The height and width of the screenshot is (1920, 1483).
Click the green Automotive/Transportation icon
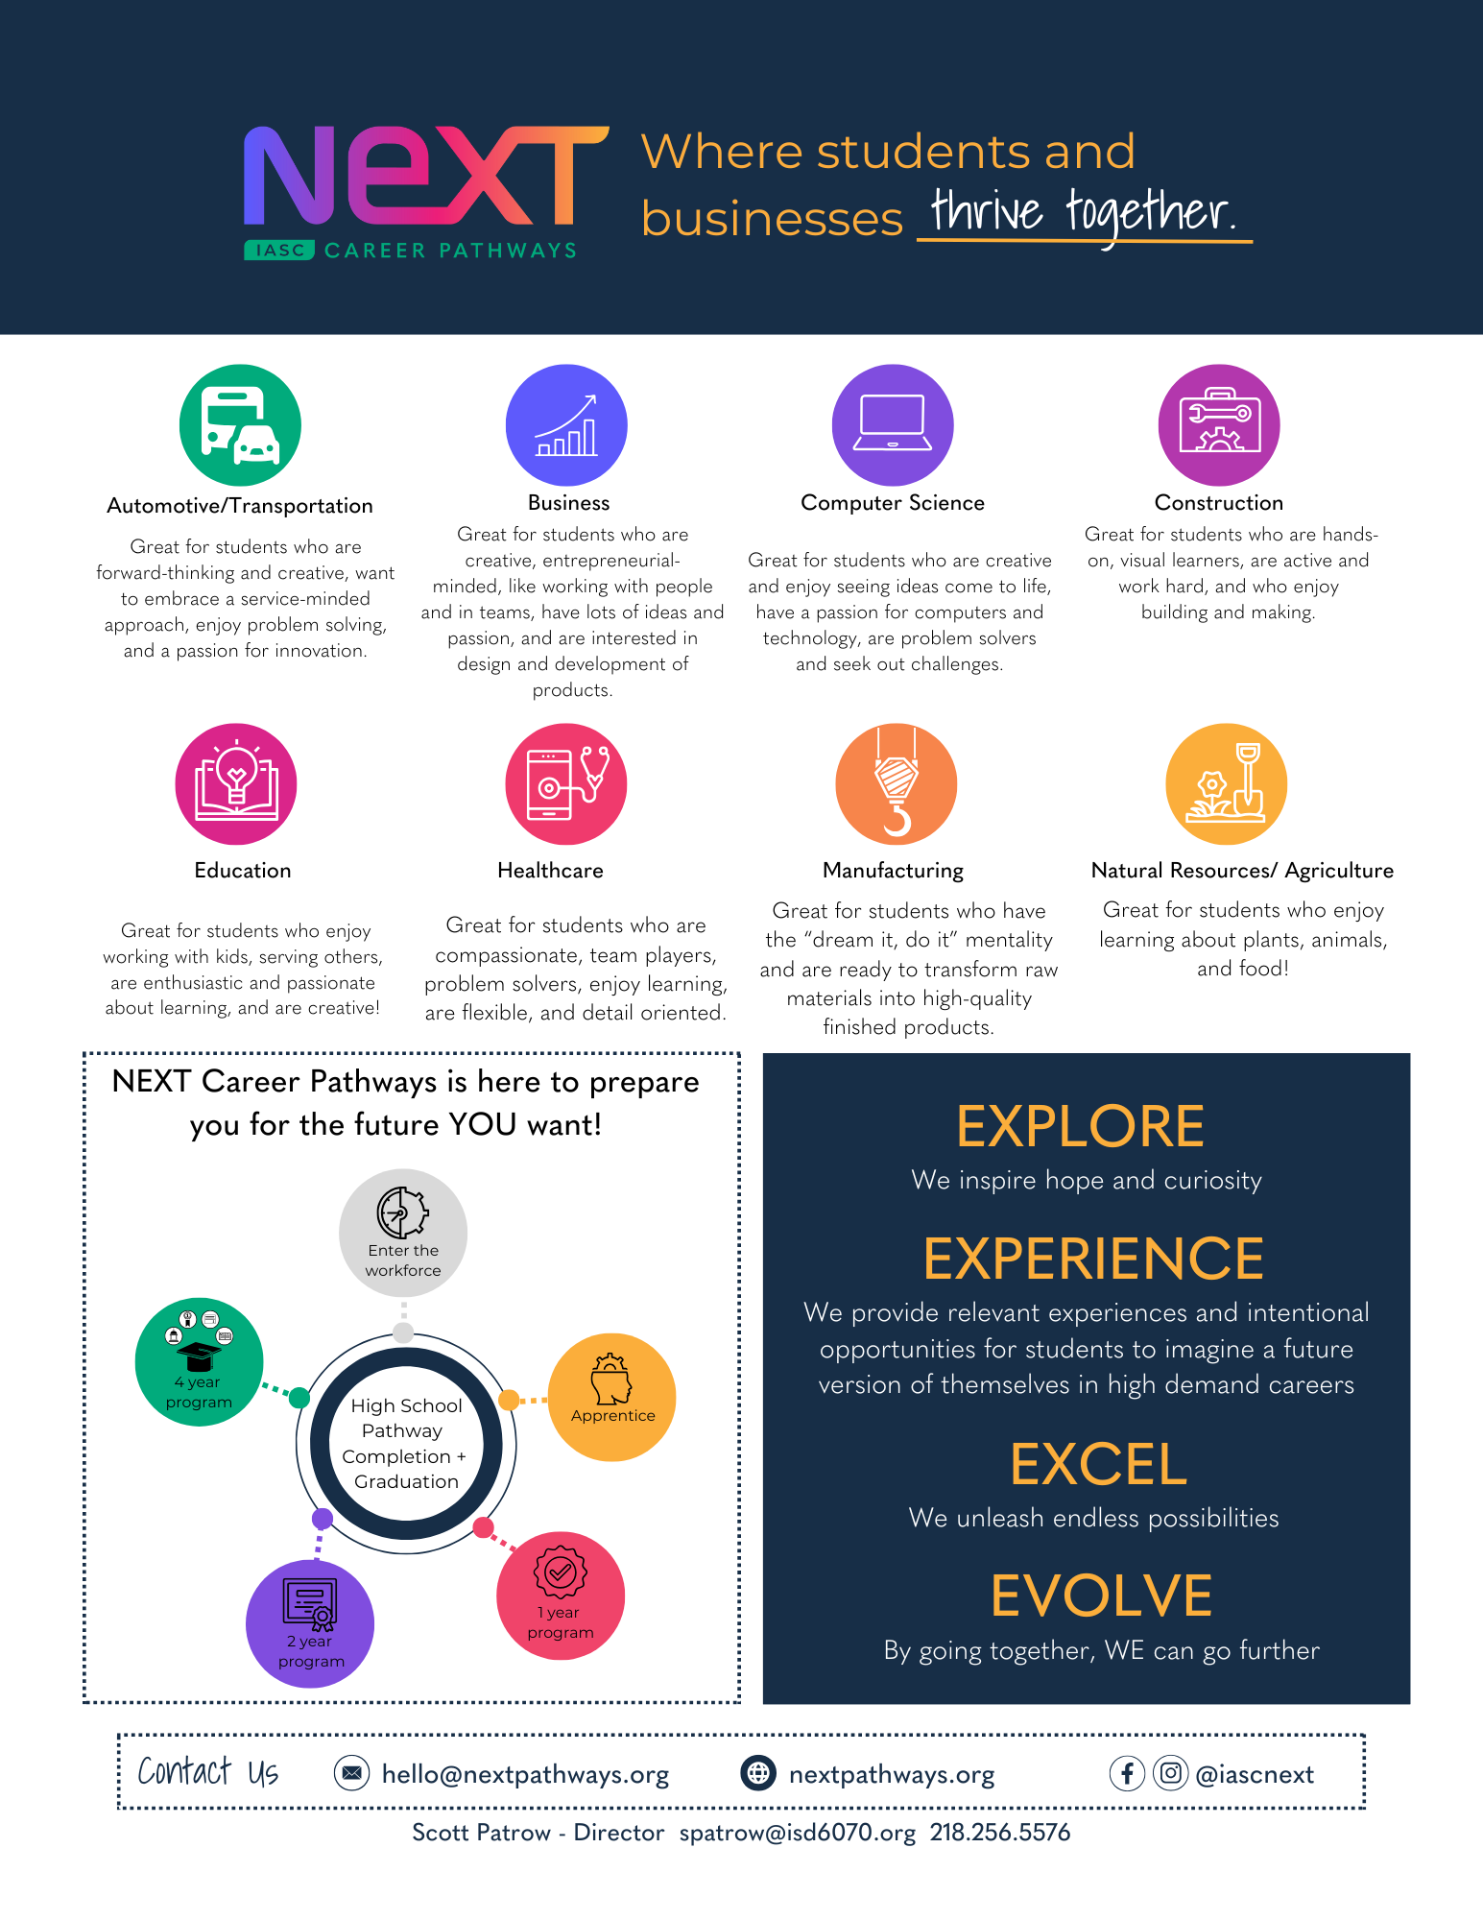pos(240,425)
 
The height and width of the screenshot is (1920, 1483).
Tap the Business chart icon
pos(566,425)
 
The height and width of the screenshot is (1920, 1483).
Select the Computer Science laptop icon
pos(893,425)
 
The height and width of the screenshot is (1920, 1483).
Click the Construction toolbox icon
pos(1219,425)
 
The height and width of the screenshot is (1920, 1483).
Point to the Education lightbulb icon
pos(236,784)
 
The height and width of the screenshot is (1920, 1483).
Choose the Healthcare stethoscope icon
pos(566,784)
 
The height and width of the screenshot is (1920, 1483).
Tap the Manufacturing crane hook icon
pos(897,784)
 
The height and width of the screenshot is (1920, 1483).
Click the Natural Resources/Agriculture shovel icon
pos(1227,784)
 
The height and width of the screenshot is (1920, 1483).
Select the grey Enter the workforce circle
pos(403,1233)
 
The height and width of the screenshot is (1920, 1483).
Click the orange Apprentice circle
pos(611,1398)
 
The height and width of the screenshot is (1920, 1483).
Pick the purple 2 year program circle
pos(310,1624)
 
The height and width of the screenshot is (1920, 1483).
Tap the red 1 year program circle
pos(561,1596)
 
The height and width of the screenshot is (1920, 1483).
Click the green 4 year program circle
pos(199,1362)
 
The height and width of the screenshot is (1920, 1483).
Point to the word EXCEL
pos(1098,1464)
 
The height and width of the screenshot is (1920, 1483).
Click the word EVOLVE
pos(1101,1596)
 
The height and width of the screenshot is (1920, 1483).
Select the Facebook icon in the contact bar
pos(1128,1773)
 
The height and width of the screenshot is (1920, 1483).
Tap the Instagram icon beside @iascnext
pos(1170,1773)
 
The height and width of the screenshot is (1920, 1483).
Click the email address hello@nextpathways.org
pos(525,1774)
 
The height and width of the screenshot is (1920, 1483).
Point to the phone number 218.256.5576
pos(999,1833)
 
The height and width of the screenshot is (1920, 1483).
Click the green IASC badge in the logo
pos(279,251)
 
